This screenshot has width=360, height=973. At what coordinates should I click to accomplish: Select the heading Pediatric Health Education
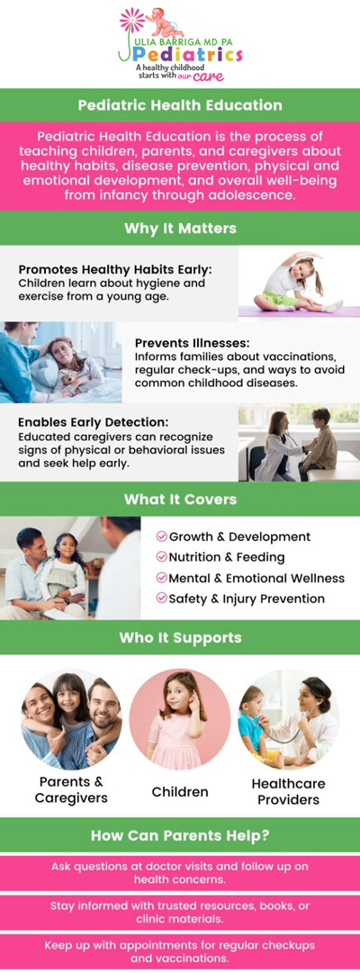pos(180,104)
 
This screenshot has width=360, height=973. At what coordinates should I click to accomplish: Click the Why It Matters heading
pos(180,229)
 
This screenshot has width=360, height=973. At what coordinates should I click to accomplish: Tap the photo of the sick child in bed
pos(61,362)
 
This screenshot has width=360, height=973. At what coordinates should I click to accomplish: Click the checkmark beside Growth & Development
pos(161,536)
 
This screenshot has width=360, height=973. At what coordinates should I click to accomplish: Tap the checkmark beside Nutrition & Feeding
pos(161,557)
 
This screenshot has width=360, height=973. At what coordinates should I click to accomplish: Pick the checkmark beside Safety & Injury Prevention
pos(161,598)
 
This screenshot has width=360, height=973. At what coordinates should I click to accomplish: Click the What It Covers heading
pos(180,499)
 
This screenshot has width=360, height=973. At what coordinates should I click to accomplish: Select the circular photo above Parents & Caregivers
pos(71,718)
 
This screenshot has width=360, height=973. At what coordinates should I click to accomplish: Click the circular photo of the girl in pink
pos(180,718)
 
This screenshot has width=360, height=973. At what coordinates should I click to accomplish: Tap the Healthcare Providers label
pos(288,790)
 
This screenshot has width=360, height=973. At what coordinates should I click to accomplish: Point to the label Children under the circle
pos(180,792)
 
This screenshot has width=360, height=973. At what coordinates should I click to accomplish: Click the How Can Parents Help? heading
pos(180,835)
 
